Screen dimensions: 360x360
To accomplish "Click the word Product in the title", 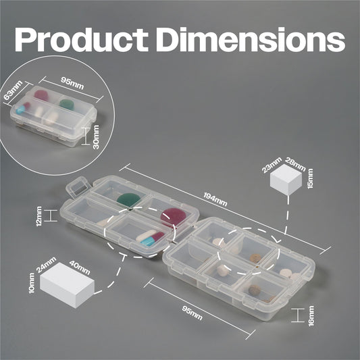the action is click(82, 39).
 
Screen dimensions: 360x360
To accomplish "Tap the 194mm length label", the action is click(215, 199).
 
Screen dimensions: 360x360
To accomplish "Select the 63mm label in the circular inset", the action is click(13, 90).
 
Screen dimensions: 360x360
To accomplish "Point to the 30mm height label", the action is click(96, 137).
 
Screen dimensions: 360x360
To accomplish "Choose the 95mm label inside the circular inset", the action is click(72, 83).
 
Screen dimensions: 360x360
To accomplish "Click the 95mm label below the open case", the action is click(192, 313).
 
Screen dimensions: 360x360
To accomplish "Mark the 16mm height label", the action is click(311, 315).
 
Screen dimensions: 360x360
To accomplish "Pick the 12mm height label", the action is click(39, 216).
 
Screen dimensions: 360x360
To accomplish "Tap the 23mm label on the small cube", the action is click(272, 165).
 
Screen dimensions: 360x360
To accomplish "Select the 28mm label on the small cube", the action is click(295, 164).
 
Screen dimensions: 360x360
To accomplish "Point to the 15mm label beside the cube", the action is click(310, 178).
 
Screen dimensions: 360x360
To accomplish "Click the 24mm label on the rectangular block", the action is click(47, 265).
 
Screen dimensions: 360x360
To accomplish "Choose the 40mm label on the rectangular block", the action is click(80, 267).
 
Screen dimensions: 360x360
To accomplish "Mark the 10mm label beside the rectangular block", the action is click(32, 283).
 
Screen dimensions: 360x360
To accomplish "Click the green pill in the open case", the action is click(128, 200).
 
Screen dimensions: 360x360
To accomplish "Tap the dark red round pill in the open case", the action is click(173, 217).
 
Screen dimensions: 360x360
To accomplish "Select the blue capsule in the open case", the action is click(149, 241).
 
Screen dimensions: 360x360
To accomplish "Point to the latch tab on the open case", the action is click(78, 186).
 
